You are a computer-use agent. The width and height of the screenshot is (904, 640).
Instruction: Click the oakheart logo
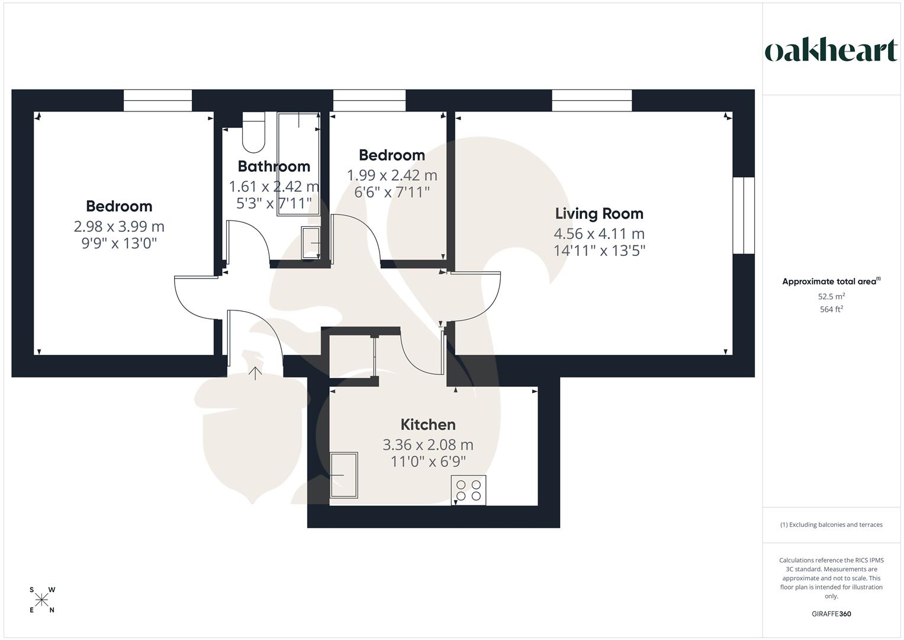[831, 51]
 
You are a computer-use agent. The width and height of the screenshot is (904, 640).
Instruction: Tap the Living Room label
[599, 213]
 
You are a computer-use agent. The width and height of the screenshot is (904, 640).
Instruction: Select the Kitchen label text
[428, 424]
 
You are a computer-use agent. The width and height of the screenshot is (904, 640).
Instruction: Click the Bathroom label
[274, 166]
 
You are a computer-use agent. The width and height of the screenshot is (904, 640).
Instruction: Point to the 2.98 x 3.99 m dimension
[119, 226]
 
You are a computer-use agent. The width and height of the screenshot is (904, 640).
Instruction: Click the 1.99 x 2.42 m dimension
[392, 175]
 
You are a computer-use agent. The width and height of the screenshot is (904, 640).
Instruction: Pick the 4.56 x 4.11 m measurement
[599, 233]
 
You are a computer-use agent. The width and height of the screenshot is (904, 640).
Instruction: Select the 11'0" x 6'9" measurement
[428, 461]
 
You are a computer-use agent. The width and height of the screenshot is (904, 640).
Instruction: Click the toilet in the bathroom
[253, 136]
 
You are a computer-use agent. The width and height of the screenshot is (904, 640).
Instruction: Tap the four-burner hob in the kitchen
[468, 490]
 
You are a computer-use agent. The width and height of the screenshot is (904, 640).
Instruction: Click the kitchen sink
[344, 475]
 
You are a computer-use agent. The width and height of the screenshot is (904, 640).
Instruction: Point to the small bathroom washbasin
[311, 243]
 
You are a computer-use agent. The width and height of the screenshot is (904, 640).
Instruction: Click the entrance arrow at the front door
[255, 373]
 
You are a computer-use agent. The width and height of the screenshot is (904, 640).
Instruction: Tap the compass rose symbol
[41, 600]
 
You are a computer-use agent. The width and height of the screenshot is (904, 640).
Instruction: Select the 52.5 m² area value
[831, 296]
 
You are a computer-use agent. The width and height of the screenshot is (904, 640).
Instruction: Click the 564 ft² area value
[831, 309]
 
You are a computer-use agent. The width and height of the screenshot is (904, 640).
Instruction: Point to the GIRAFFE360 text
[831, 614]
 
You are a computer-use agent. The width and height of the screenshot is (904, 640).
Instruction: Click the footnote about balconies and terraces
[831, 524]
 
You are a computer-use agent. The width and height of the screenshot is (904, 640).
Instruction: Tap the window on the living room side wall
[744, 216]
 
